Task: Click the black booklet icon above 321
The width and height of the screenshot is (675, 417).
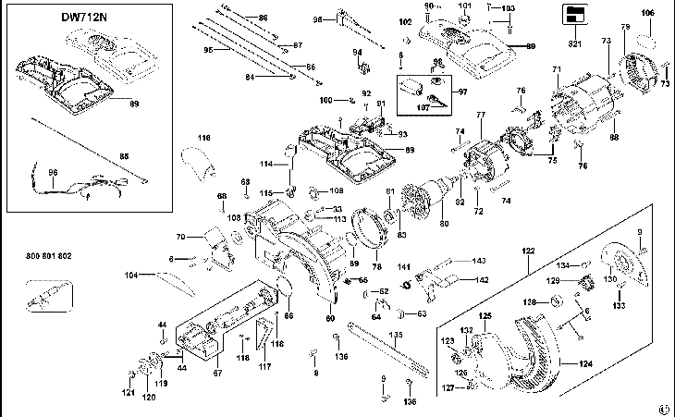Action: coord(573,14)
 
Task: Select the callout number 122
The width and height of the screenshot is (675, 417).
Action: coord(529,251)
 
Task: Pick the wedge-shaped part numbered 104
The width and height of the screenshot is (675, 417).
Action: coord(176,275)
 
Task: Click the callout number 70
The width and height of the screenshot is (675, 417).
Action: coord(181,238)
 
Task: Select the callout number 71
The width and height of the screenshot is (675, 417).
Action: coord(557,70)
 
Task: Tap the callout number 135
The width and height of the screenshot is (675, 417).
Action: coord(396,335)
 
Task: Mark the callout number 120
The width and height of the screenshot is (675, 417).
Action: coord(147,398)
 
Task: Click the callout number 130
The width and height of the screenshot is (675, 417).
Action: coord(610,278)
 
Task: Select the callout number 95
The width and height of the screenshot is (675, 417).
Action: coord(209,49)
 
